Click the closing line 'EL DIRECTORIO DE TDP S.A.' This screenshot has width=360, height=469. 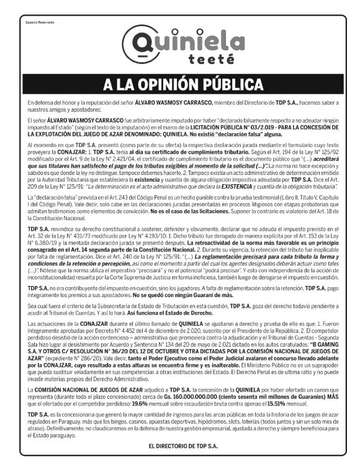click(180, 445)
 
